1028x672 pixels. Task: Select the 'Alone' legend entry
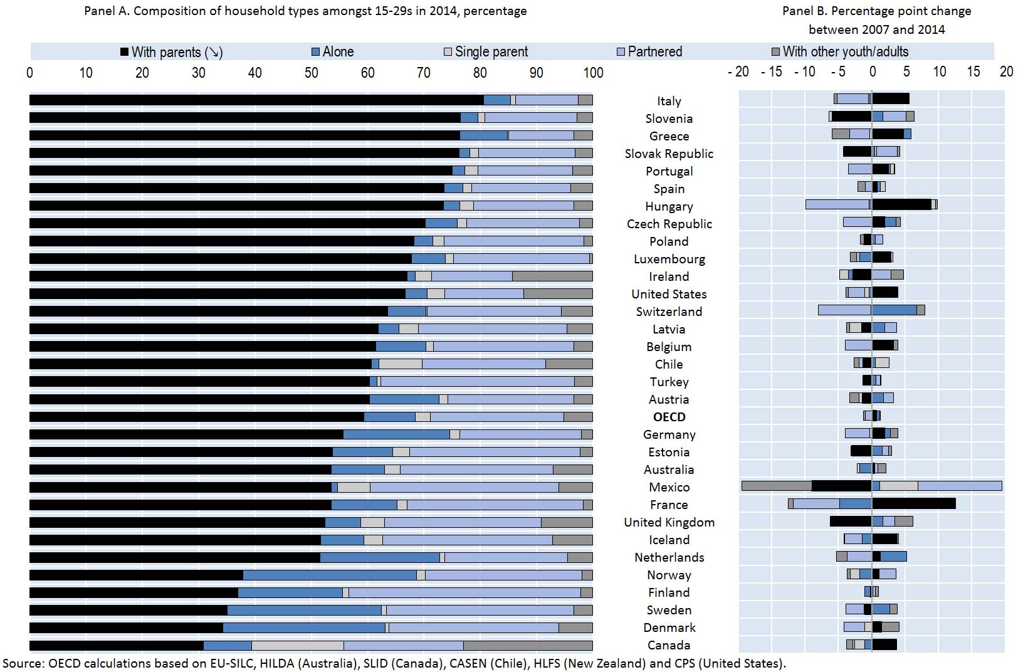click(333, 52)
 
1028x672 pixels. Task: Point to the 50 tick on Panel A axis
click(312, 73)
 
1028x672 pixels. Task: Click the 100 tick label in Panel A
click(593, 73)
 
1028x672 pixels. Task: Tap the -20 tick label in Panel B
click(738, 71)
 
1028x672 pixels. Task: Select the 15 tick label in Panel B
click(973, 71)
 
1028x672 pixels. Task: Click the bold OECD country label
click(669, 417)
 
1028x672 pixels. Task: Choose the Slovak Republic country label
click(669, 154)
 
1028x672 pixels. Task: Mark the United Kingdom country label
click(669, 522)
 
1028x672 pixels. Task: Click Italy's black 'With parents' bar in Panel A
click(256, 100)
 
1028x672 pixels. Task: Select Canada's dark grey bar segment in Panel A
click(528, 645)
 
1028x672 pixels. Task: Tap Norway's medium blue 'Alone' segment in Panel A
click(330, 575)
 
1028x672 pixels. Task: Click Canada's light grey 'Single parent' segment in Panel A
click(298, 645)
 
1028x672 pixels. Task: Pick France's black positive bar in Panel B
click(914, 503)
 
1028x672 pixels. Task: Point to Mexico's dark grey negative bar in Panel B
click(777, 486)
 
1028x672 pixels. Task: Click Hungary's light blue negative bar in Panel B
click(837, 204)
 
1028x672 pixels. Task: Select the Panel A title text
click(305, 11)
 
